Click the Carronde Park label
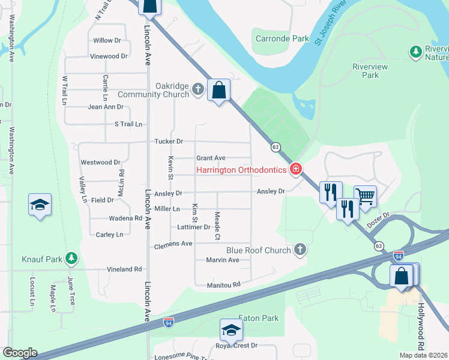coord(282,38)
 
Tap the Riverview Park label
coord(370,71)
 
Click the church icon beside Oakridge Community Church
coord(199,90)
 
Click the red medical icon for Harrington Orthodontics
coord(295,170)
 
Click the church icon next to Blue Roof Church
coord(300,250)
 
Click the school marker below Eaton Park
coord(231,329)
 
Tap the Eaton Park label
coord(259,318)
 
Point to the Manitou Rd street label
coord(223,284)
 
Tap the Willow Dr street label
coord(107,41)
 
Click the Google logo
coord(20,353)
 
